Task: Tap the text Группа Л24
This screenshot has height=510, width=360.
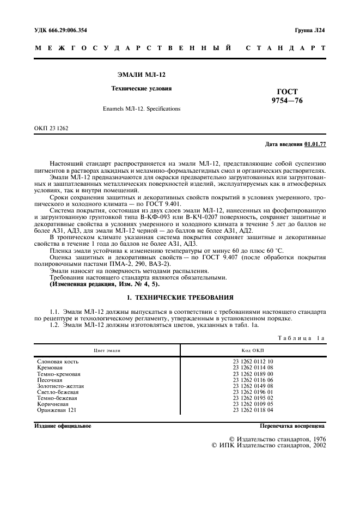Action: pos(310,30)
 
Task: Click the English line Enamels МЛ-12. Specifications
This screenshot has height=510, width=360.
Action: pos(141,108)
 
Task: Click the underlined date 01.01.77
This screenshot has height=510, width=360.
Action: pos(315,144)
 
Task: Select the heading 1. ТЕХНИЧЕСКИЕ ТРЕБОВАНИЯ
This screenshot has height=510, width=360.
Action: pos(180,297)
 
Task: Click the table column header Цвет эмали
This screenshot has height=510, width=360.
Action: pos(107,351)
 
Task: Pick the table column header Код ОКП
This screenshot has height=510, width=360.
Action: pos(253,351)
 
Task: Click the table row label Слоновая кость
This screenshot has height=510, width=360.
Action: pos(58,362)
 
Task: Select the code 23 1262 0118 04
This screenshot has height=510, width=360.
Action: pos(253,410)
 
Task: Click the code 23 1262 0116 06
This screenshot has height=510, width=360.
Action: pos(253,380)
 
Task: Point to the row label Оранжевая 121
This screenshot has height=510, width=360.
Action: pos(57,410)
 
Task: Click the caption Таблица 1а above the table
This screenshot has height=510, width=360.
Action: pos(301,338)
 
